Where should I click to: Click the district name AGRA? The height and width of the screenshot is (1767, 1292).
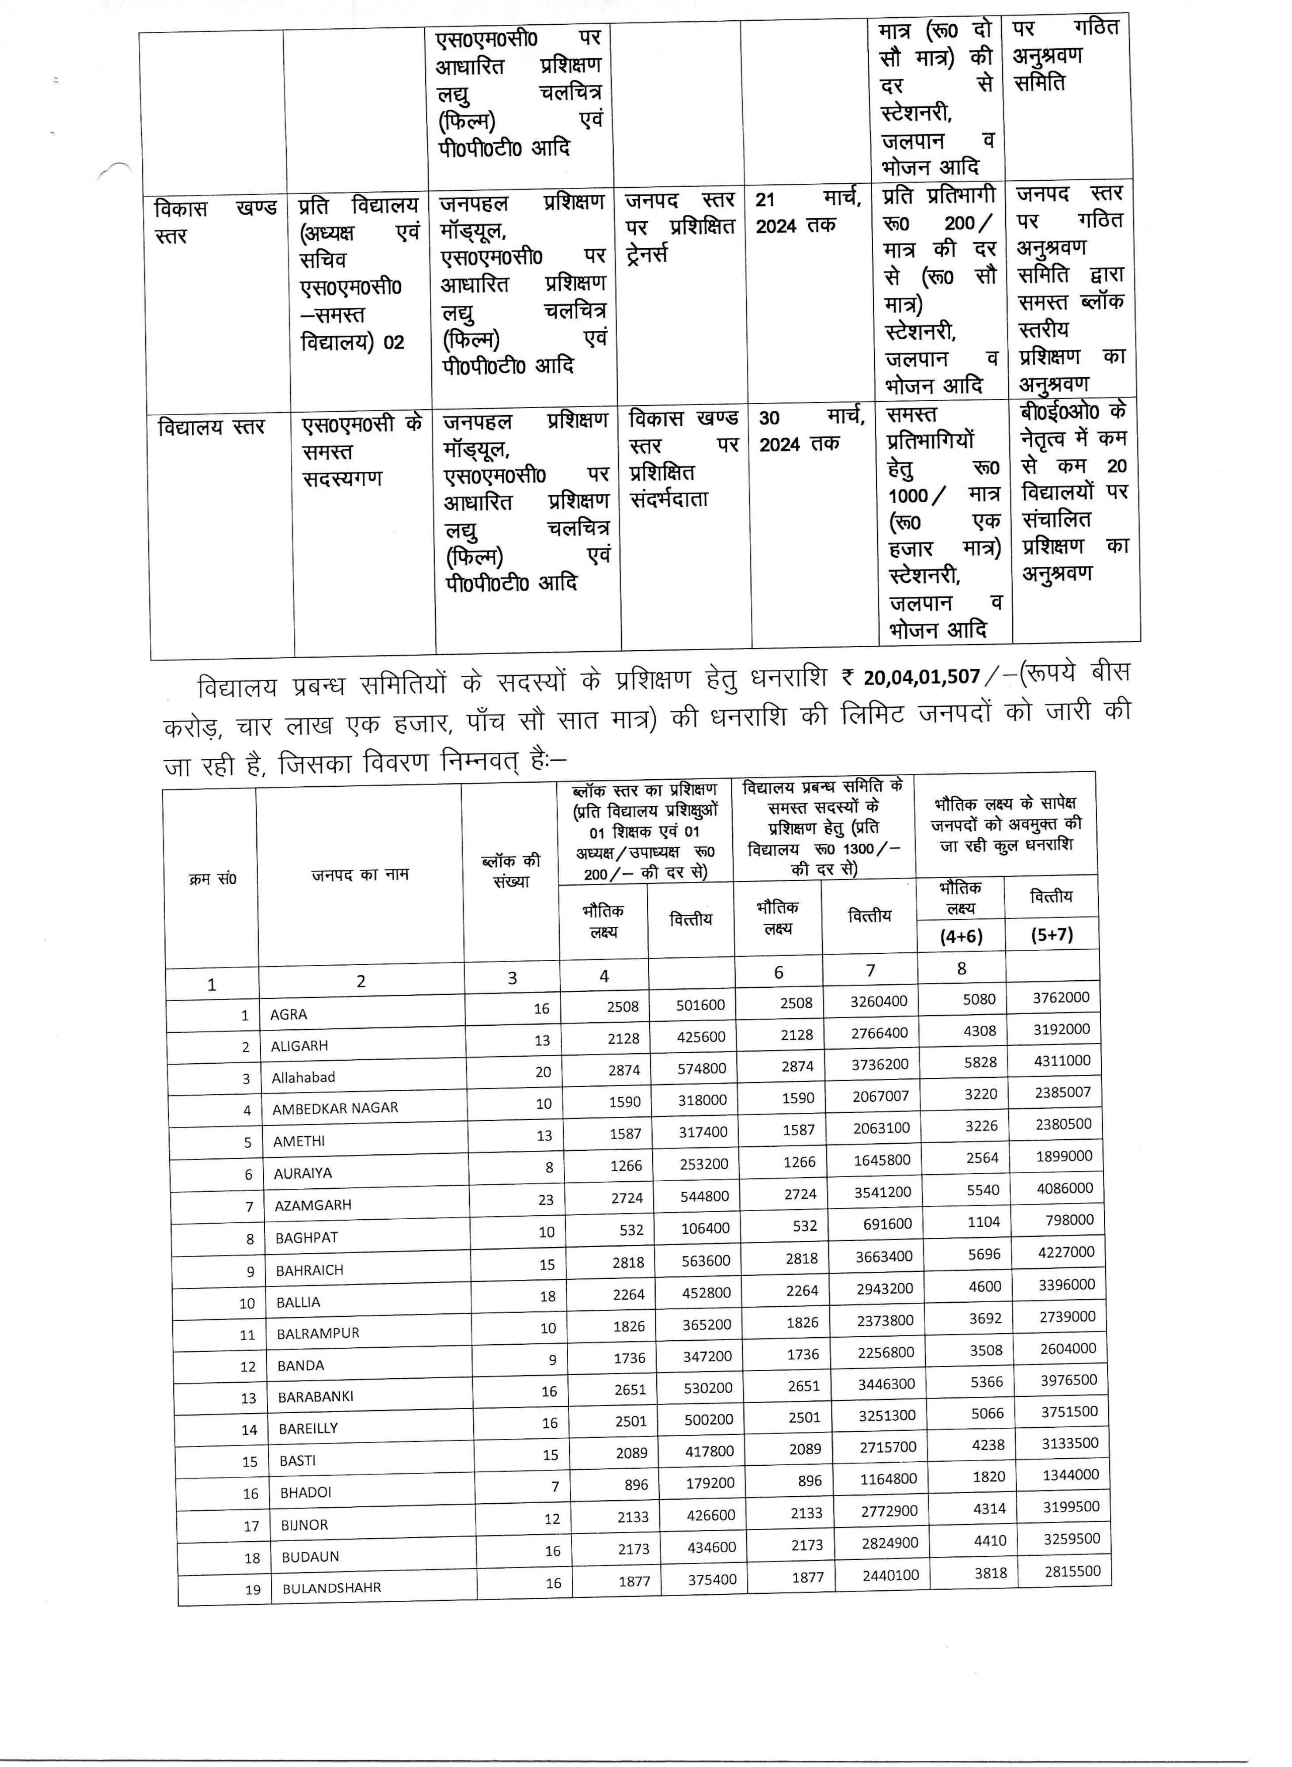[x=289, y=1014]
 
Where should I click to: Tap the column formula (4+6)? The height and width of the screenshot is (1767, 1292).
[x=961, y=936]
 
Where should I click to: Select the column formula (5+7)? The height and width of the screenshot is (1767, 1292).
[x=1052, y=934]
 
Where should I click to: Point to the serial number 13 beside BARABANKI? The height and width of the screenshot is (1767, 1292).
[x=249, y=1398]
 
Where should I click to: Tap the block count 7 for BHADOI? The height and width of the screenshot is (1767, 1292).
[x=555, y=1486]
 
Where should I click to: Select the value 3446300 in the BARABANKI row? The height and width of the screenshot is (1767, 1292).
[x=886, y=1384]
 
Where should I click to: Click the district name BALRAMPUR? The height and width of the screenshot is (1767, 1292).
[x=318, y=1334]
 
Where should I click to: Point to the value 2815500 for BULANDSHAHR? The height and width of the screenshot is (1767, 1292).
[x=1072, y=1571]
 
